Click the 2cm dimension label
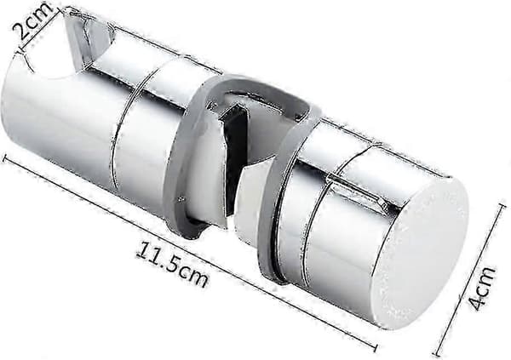point(32,20)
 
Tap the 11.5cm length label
point(172,265)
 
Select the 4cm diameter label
point(482,288)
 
